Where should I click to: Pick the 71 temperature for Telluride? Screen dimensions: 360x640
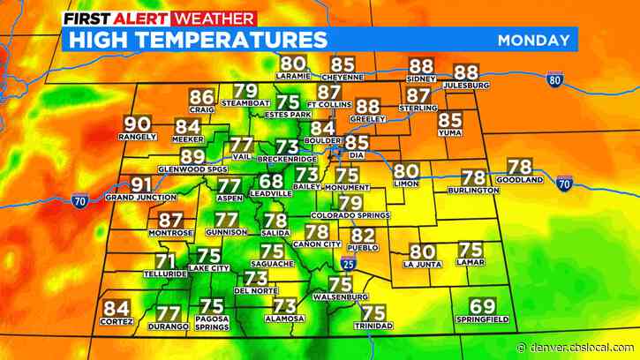click(x=165, y=261)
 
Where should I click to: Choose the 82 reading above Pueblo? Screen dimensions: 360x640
click(x=363, y=235)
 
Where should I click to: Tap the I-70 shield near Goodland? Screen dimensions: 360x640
click(x=565, y=184)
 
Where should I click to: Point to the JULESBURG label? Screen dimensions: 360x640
click(x=466, y=85)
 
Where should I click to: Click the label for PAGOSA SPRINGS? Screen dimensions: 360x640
click(x=212, y=328)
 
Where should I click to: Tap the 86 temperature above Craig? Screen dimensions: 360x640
click(x=202, y=98)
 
